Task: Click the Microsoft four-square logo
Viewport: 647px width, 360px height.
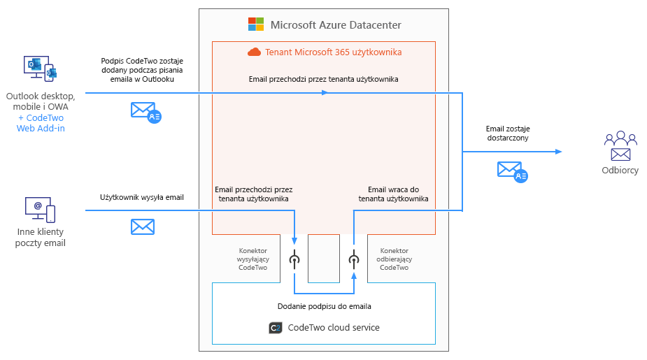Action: pyautogui.click(x=256, y=24)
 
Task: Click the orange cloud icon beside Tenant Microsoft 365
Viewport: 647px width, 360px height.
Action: pyautogui.click(x=254, y=52)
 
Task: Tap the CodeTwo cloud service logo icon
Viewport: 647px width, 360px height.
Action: pyautogui.click(x=275, y=327)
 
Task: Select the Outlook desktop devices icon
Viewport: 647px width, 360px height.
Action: pyautogui.click(x=40, y=69)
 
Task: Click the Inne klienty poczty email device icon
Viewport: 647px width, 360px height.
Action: pyautogui.click(x=40, y=209)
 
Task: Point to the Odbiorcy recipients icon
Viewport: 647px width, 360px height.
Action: pyautogui.click(x=620, y=146)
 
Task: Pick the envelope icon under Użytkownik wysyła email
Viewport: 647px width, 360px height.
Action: pyautogui.click(x=143, y=226)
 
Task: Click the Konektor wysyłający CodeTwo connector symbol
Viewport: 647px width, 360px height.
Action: pyautogui.click(x=294, y=259)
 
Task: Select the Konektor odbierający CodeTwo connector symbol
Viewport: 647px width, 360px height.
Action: pyautogui.click(x=354, y=259)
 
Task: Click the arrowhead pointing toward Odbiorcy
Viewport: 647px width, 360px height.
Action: pyautogui.click(x=558, y=151)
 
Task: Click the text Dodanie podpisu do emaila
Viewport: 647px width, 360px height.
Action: pyautogui.click(x=324, y=306)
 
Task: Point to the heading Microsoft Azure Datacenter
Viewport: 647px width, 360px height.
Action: pyautogui.click(x=336, y=25)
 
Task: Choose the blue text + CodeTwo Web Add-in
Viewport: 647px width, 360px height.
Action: pyautogui.click(x=41, y=123)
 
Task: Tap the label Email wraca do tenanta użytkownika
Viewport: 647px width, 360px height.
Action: pyautogui.click(x=393, y=194)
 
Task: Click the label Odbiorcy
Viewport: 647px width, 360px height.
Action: pyautogui.click(x=620, y=170)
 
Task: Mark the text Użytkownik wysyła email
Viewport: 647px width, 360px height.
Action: pyautogui.click(x=142, y=197)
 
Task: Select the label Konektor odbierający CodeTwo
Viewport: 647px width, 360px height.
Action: pyautogui.click(x=394, y=259)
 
